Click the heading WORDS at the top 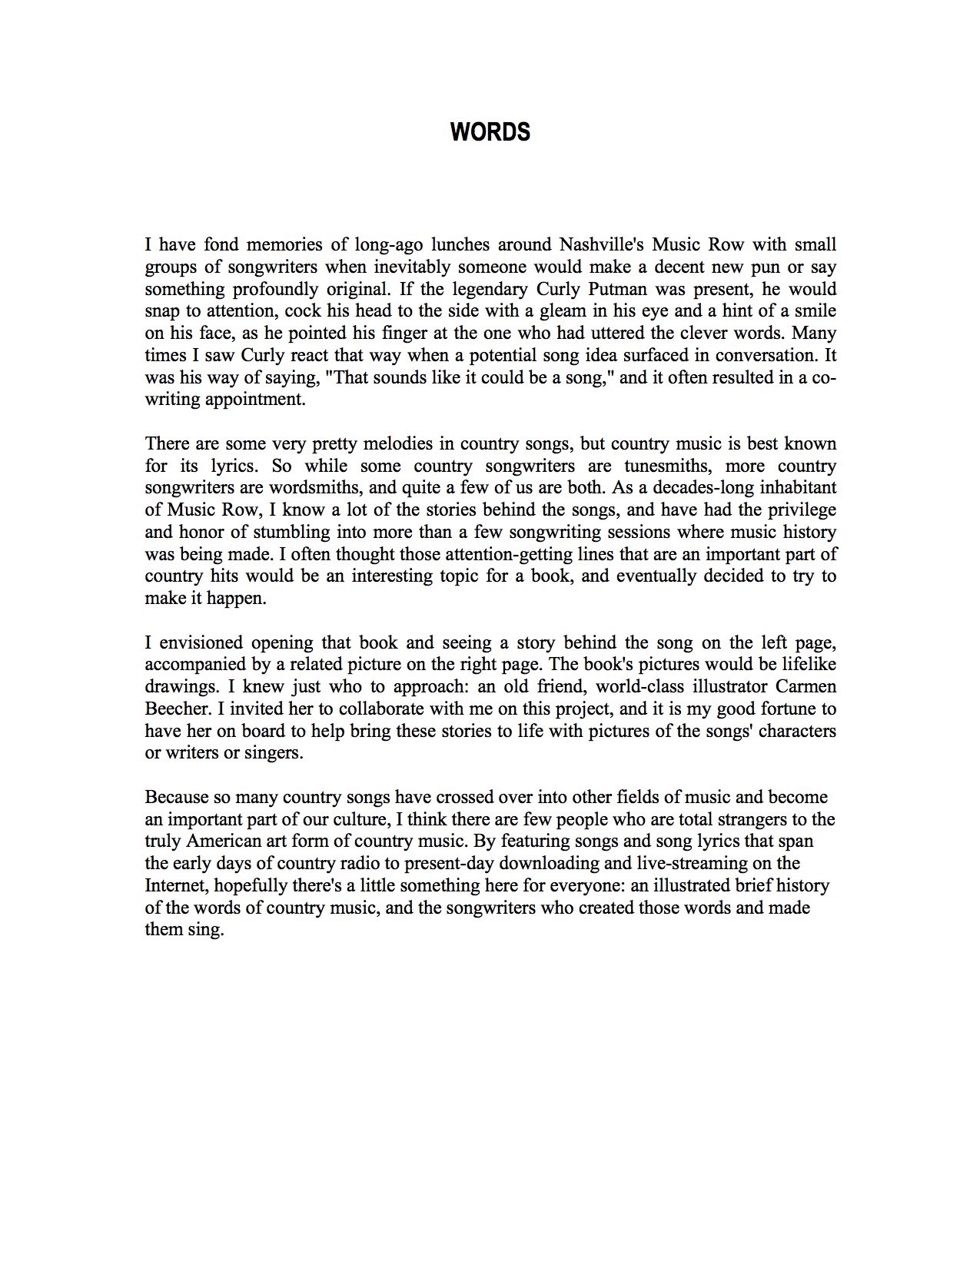[x=490, y=132]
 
